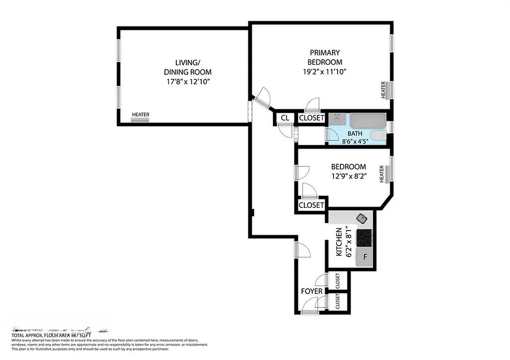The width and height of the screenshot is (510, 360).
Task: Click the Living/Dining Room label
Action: coord(186,67)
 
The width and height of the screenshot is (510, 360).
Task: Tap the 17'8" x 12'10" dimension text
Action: coord(186,82)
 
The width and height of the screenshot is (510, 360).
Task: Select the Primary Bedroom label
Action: coord(325,57)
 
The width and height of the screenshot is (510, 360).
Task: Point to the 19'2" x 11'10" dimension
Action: coord(325,72)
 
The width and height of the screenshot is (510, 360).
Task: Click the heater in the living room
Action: coord(140,120)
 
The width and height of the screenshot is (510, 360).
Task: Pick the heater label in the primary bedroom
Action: coord(384,90)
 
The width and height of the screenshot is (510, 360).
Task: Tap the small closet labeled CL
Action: coord(284,118)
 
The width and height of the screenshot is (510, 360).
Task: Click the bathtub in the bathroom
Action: coord(368,121)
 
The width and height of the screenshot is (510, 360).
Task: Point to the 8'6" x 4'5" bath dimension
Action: coord(355,141)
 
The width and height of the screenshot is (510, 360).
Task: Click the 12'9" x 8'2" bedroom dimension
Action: coord(348,177)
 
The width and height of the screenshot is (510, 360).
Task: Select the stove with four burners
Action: coord(364,238)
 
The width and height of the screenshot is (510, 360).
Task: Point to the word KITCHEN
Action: coord(339,242)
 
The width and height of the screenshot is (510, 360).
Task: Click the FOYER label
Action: coord(311,291)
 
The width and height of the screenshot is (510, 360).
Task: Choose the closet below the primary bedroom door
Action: coord(311,118)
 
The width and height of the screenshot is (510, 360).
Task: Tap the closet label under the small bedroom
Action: coord(311,205)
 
